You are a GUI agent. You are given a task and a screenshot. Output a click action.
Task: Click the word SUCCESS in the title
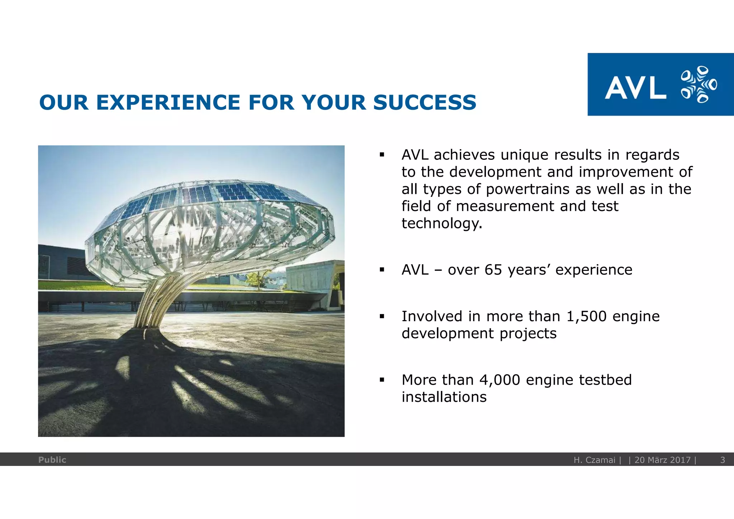(x=425, y=103)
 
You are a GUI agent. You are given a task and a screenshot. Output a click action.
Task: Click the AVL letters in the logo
(x=635, y=88)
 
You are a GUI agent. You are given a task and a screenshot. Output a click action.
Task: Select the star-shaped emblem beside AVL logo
(x=698, y=85)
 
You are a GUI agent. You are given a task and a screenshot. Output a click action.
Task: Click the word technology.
(x=441, y=223)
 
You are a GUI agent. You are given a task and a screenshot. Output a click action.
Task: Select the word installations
(x=444, y=397)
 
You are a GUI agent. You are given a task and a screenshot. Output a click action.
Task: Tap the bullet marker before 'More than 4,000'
(x=382, y=380)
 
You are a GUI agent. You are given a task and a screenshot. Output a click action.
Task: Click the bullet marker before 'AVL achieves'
(x=382, y=155)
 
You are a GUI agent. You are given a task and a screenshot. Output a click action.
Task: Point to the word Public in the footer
(x=52, y=460)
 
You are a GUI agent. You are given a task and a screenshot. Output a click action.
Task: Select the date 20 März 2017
(x=662, y=460)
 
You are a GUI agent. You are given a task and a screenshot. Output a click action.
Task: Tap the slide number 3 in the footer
(x=723, y=460)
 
